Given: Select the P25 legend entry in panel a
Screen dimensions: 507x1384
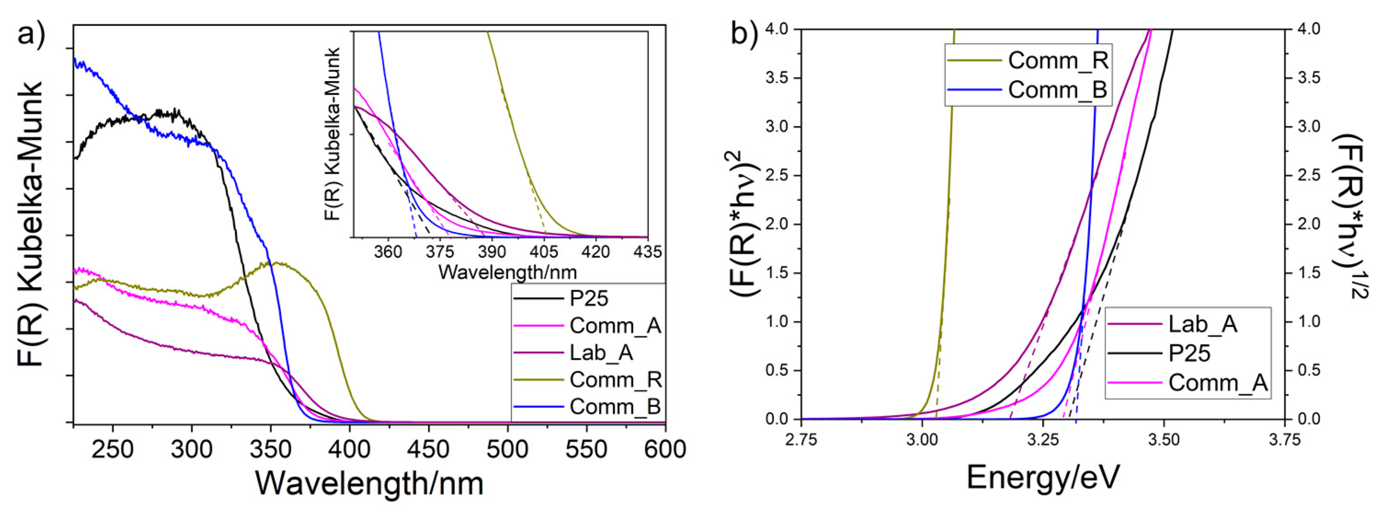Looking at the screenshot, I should coord(589,299).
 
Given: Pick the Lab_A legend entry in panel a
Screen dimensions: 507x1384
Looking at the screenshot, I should coord(601,353).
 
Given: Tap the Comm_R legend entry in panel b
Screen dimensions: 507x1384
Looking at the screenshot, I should coord(1058,60).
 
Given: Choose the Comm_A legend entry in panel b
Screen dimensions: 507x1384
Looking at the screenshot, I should coord(1218,383).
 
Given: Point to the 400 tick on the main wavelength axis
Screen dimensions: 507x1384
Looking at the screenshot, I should coord(350,449).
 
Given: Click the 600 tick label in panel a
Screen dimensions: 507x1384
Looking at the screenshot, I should coord(665,449).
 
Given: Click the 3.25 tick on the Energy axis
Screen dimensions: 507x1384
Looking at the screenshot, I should coord(1042,440).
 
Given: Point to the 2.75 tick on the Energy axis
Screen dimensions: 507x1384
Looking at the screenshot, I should coord(801,440).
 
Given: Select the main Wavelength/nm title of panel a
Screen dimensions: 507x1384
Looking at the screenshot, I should coord(370,483).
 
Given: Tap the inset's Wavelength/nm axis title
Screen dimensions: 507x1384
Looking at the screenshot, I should coord(507,272).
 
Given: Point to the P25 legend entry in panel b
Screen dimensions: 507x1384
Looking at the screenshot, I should coord(1189,353).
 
